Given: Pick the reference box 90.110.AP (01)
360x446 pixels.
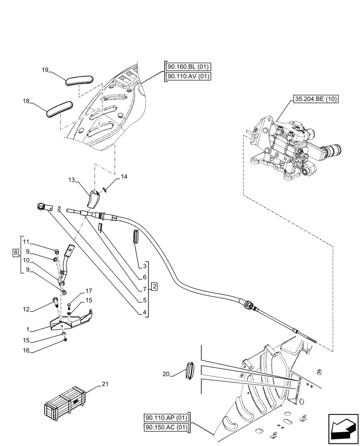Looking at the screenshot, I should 167,418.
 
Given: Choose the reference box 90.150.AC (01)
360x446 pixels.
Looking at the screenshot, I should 167,427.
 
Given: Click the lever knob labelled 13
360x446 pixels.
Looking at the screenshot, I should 93,199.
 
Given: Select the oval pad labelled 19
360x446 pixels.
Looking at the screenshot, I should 79,80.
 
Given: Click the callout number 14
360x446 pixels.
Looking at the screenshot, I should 123,177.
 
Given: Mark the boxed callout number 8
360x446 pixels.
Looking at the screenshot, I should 16,252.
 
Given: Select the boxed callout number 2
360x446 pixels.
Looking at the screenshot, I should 154,286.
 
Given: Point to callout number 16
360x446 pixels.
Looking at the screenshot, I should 26,351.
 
